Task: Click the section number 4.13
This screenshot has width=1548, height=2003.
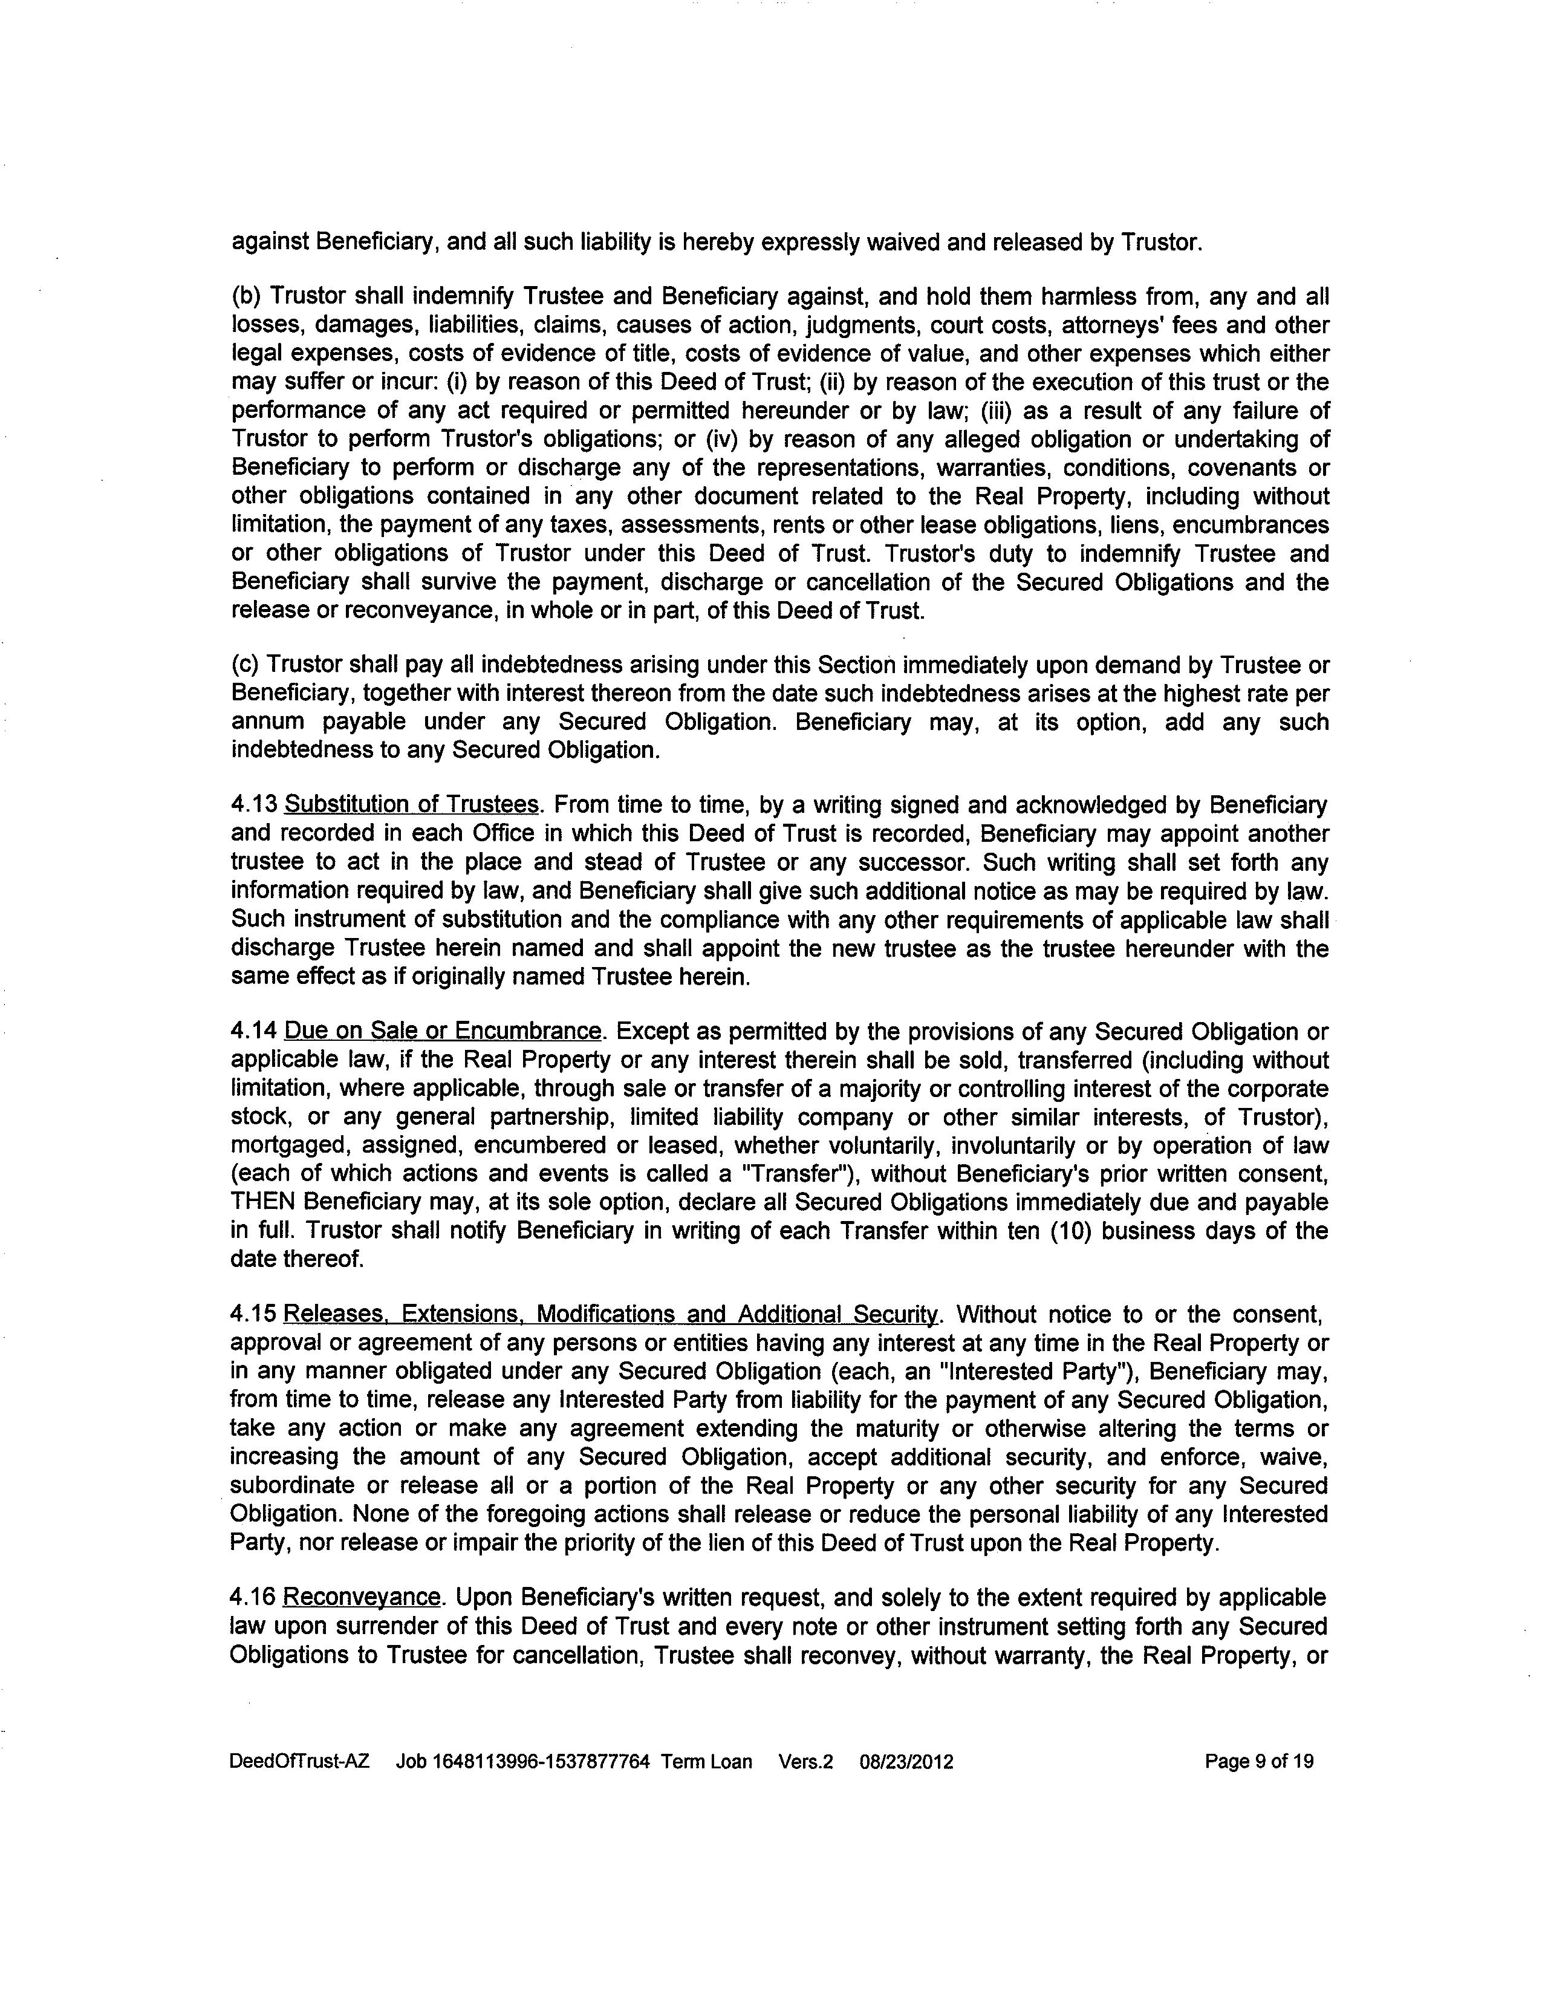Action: click(253, 805)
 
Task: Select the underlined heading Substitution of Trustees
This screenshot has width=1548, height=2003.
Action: click(411, 805)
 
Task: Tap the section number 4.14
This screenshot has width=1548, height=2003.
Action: click(253, 1032)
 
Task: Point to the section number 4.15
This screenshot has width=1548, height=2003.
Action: click(253, 1314)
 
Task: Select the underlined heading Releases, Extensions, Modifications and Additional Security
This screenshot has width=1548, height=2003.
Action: click(612, 1314)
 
